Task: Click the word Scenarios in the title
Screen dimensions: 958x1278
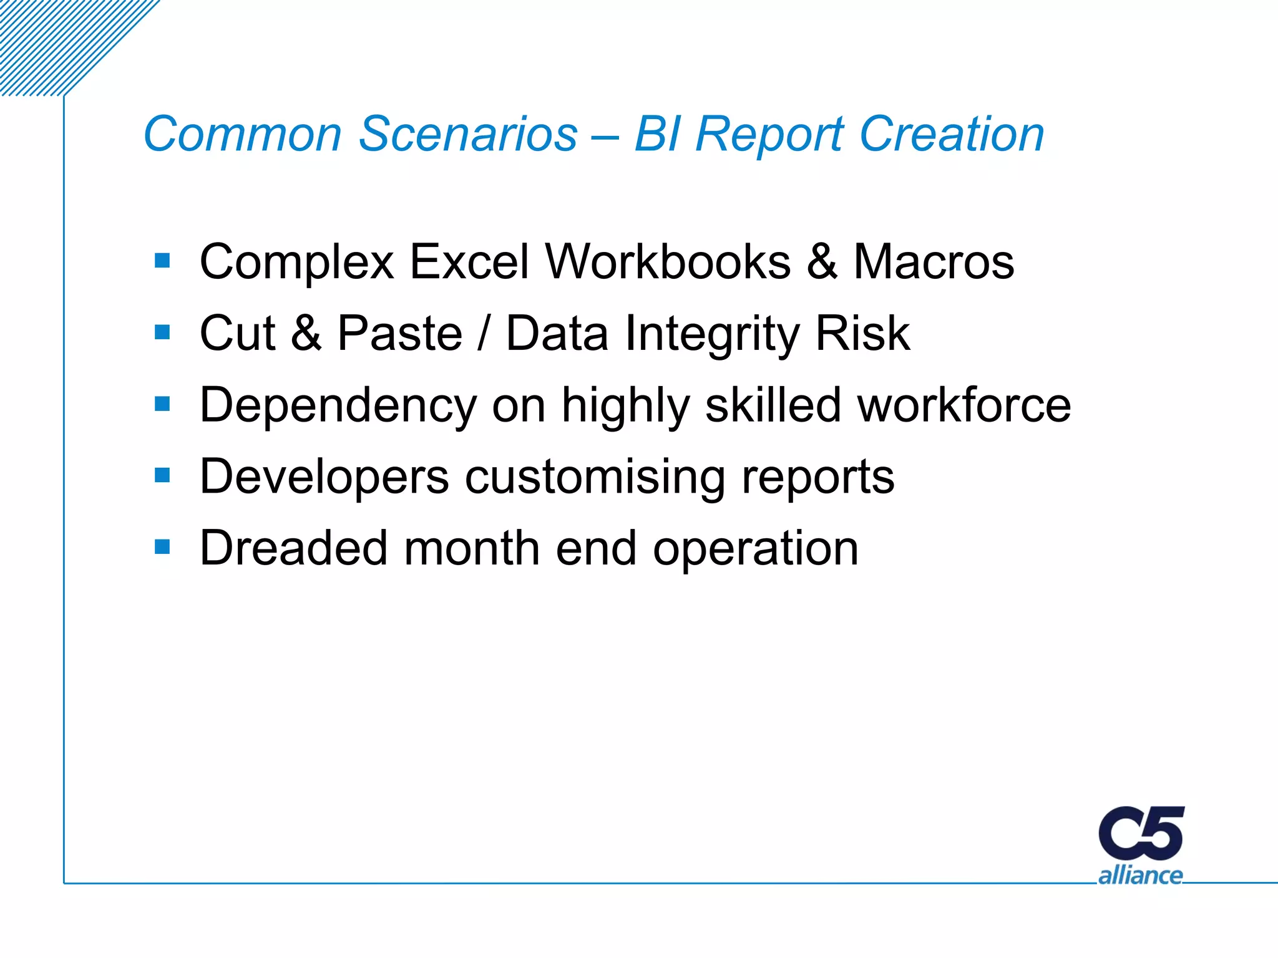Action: coord(468,134)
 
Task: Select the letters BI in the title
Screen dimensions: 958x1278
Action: coord(656,134)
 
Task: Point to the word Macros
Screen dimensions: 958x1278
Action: coord(934,262)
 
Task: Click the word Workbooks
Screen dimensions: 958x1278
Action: coord(668,262)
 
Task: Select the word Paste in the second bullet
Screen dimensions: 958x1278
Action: coord(399,334)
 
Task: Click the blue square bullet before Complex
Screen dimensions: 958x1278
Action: coord(162,260)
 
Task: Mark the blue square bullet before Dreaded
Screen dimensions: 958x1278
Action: coord(162,547)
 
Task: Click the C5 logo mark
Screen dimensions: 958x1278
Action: coord(1141,833)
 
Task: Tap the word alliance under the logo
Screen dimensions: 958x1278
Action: coord(1140,875)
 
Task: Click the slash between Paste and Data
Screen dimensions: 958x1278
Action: coord(484,334)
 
